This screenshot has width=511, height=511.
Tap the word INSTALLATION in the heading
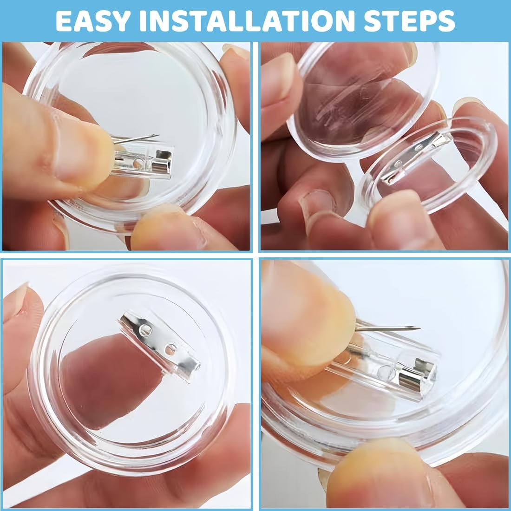pos(247,21)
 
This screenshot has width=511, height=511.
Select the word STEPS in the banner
pos(409,21)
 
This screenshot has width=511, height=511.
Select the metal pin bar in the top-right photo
pos(415,158)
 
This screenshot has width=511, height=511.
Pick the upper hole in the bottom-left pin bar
pos(145,330)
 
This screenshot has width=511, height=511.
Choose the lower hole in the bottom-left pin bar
pos(170,350)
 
